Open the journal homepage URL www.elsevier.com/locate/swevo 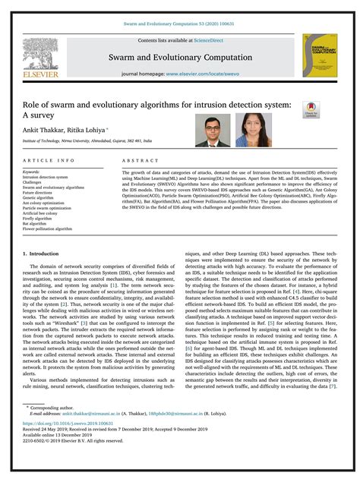coord(210,75)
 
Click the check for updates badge coord(330,109)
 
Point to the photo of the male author coord(213,130)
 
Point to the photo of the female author coord(253,130)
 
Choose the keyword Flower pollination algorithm coord(49,228)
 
